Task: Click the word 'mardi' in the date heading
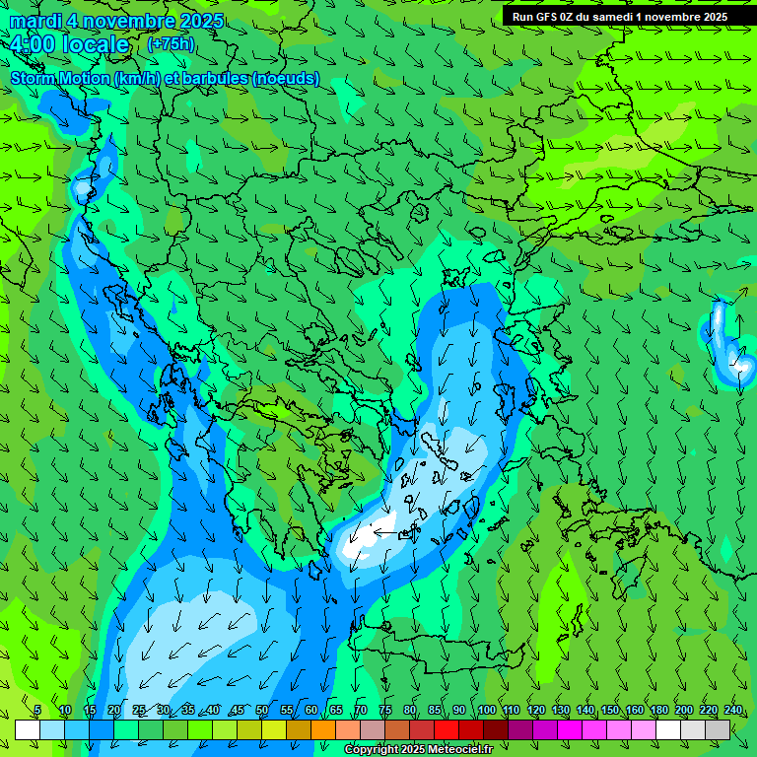click(34, 21)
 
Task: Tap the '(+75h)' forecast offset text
click(172, 44)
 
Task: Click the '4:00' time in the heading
click(32, 44)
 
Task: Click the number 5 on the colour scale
click(37, 711)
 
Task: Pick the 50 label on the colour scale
click(262, 711)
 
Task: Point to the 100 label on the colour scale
click(487, 711)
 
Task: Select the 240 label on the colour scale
click(733, 711)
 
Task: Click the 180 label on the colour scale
click(659, 711)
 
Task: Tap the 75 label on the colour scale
click(385, 711)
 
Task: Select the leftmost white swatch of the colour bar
click(28, 729)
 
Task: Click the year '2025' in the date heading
click(196, 21)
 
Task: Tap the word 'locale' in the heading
click(95, 44)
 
